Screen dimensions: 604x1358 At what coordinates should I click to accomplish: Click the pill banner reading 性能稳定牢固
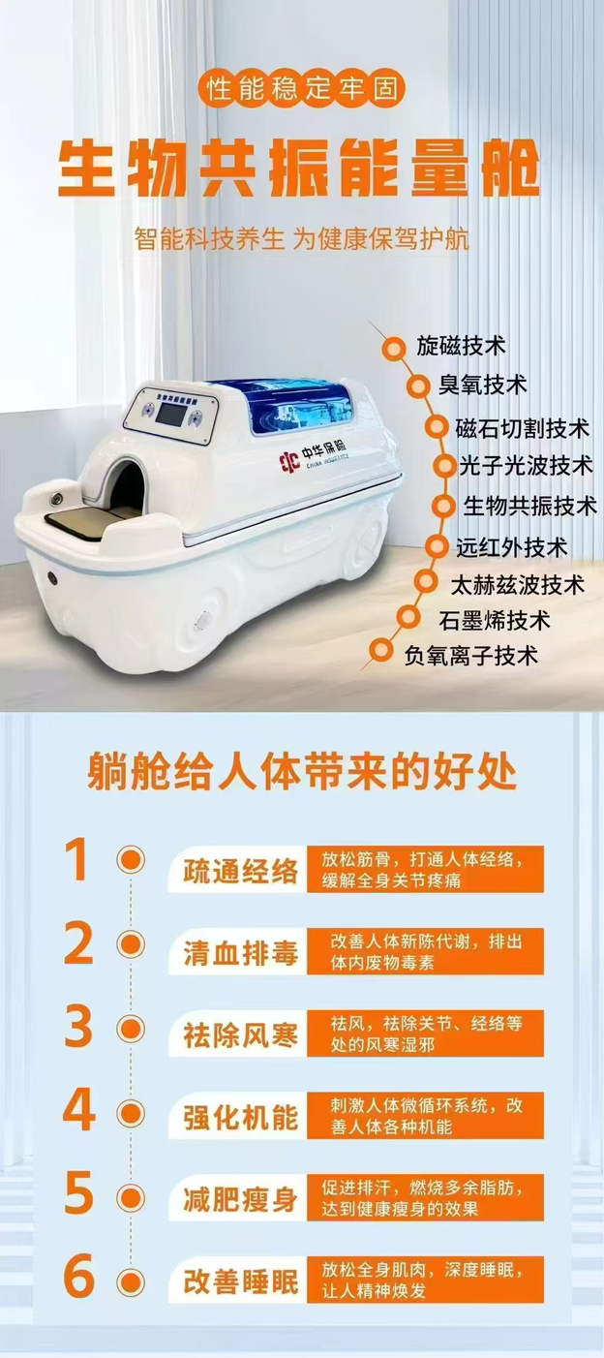point(302,88)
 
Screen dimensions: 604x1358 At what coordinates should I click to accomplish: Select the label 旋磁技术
point(461,346)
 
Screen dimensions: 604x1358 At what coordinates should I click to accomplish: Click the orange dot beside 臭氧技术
point(418,386)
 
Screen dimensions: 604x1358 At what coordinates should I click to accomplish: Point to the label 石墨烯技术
point(495,620)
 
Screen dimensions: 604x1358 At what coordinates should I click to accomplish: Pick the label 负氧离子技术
point(470,655)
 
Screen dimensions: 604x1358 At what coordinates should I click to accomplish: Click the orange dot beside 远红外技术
point(437,547)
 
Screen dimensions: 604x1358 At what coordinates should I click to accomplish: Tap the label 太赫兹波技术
point(518,585)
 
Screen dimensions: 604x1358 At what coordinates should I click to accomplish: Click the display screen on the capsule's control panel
point(170,415)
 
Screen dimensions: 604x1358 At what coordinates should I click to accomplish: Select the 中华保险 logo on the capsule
point(314,459)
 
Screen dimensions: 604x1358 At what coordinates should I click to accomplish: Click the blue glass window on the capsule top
point(296,405)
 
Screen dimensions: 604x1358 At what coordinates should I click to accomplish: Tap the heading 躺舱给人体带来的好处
point(302,772)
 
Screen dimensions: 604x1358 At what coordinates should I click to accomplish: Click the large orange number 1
point(78,859)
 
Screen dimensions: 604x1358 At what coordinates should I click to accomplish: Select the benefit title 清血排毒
point(241,954)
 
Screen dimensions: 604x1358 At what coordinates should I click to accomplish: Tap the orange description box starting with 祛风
point(425,1033)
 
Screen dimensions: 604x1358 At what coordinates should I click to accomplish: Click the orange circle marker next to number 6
point(131,1283)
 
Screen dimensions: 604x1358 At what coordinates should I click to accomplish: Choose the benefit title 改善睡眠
point(241,1282)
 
